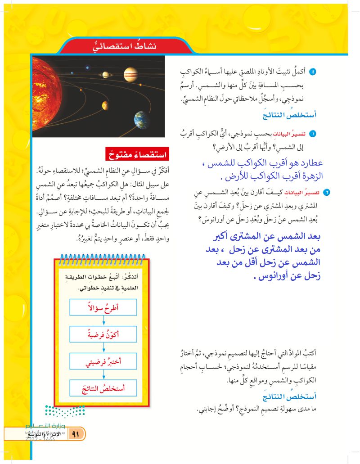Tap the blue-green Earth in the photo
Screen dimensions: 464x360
coord(142,119)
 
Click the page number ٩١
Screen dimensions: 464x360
coord(76,435)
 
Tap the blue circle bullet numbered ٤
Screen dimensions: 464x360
coord(314,72)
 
